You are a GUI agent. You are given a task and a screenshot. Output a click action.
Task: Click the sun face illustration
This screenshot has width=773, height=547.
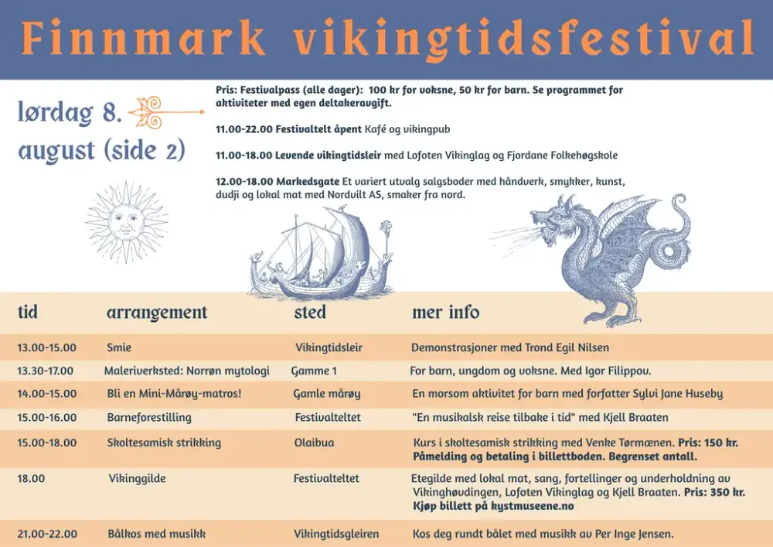tap(127, 222)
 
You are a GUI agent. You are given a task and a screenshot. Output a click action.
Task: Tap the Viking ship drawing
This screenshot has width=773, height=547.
tap(321, 254)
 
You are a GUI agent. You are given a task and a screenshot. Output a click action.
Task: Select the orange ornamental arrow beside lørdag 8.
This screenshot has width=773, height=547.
tap(166, 112)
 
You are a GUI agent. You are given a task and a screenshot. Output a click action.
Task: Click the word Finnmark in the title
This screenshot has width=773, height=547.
tap(144, 37)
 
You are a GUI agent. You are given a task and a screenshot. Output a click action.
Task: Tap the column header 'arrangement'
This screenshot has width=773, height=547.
tap(157, 313)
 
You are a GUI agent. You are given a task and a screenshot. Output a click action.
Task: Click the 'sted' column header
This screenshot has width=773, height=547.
tap(310, 312)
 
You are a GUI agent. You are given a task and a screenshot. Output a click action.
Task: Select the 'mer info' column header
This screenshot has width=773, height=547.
tap(446, 312)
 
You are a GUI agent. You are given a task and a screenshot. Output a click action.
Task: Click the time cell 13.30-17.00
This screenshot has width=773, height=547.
tap(46, 371)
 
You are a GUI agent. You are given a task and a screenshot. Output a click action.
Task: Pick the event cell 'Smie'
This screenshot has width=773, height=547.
tap(119, 347)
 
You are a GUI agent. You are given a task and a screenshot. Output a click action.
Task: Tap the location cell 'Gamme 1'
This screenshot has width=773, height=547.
tap(314, 371)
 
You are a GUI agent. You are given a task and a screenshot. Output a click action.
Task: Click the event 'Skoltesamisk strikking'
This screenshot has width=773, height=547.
tap(164, 443)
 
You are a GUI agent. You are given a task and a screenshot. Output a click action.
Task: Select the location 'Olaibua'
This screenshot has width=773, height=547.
tap(314, 443)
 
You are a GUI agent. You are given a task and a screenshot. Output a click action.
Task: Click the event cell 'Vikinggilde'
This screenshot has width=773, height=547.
tap(137, 478)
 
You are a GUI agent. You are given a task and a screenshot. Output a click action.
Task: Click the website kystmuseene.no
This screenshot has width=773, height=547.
tap(533, 505)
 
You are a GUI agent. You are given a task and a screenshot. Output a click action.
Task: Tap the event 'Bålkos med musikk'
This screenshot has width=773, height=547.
tap(157, 534)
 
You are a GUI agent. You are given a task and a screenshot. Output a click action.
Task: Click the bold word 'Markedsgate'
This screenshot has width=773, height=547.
tap(308, 181)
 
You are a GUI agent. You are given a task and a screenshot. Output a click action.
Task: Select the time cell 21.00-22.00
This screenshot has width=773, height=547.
tap(47, 534)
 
